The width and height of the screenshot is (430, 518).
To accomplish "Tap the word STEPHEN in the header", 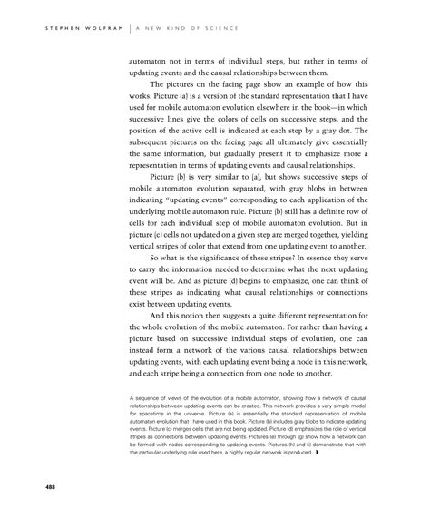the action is (54, 29).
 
